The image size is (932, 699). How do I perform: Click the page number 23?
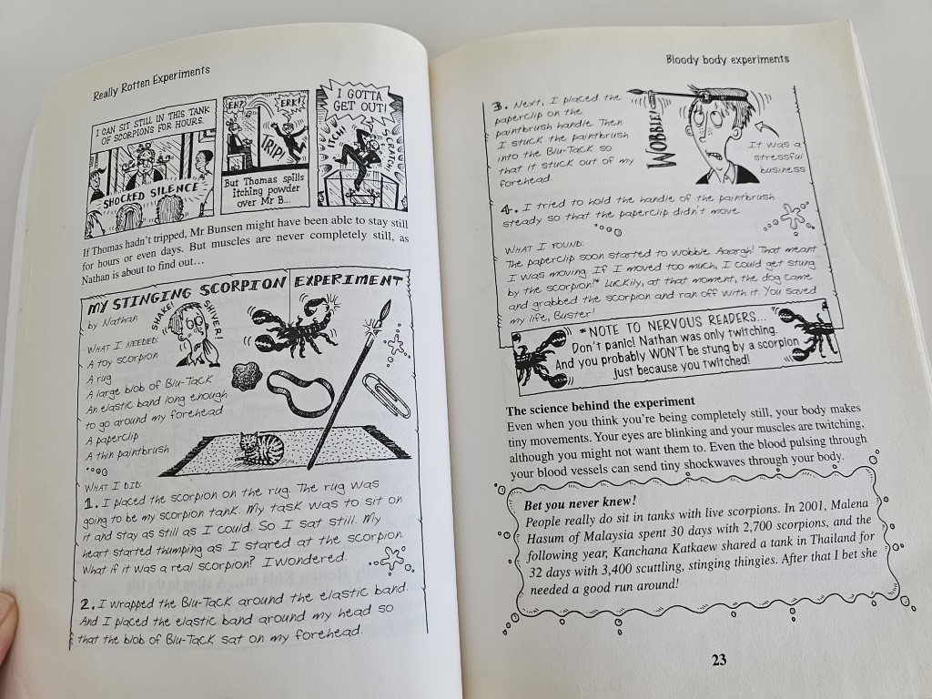click(x=719, y=660)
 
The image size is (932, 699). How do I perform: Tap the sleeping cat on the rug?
click(x=261, y=448)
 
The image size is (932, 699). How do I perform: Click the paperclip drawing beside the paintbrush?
click(x=386, y=395)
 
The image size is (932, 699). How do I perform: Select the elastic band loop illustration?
click(x=300, y=393)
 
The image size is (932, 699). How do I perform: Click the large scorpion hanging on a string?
click(x=293, y=328)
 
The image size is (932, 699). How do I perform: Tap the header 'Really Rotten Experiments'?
click(x=152, y=83)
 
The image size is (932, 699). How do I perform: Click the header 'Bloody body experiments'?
click(x=727, y=59)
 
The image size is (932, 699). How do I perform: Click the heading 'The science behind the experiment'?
click(x=601, y=405)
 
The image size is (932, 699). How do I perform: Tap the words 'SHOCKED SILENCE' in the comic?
click(x=151, y=196)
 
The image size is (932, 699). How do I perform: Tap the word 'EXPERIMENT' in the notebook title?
click(x=349, y=280)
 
